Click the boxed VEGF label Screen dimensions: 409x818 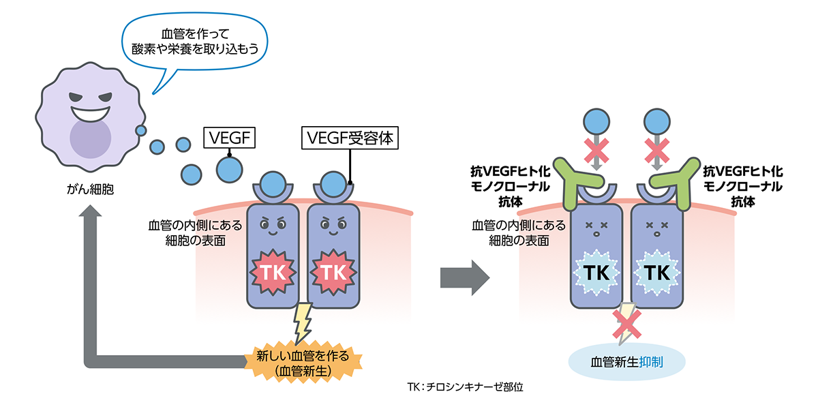[229, 139]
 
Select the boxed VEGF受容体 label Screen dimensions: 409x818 [350, 139]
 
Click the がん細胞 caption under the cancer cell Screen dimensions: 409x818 [87, 189]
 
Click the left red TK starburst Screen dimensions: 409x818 [275, 271]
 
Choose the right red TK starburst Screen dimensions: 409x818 [333, 271]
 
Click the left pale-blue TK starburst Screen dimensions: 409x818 [596, 271]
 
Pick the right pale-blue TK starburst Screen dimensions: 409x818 [656, 271]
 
